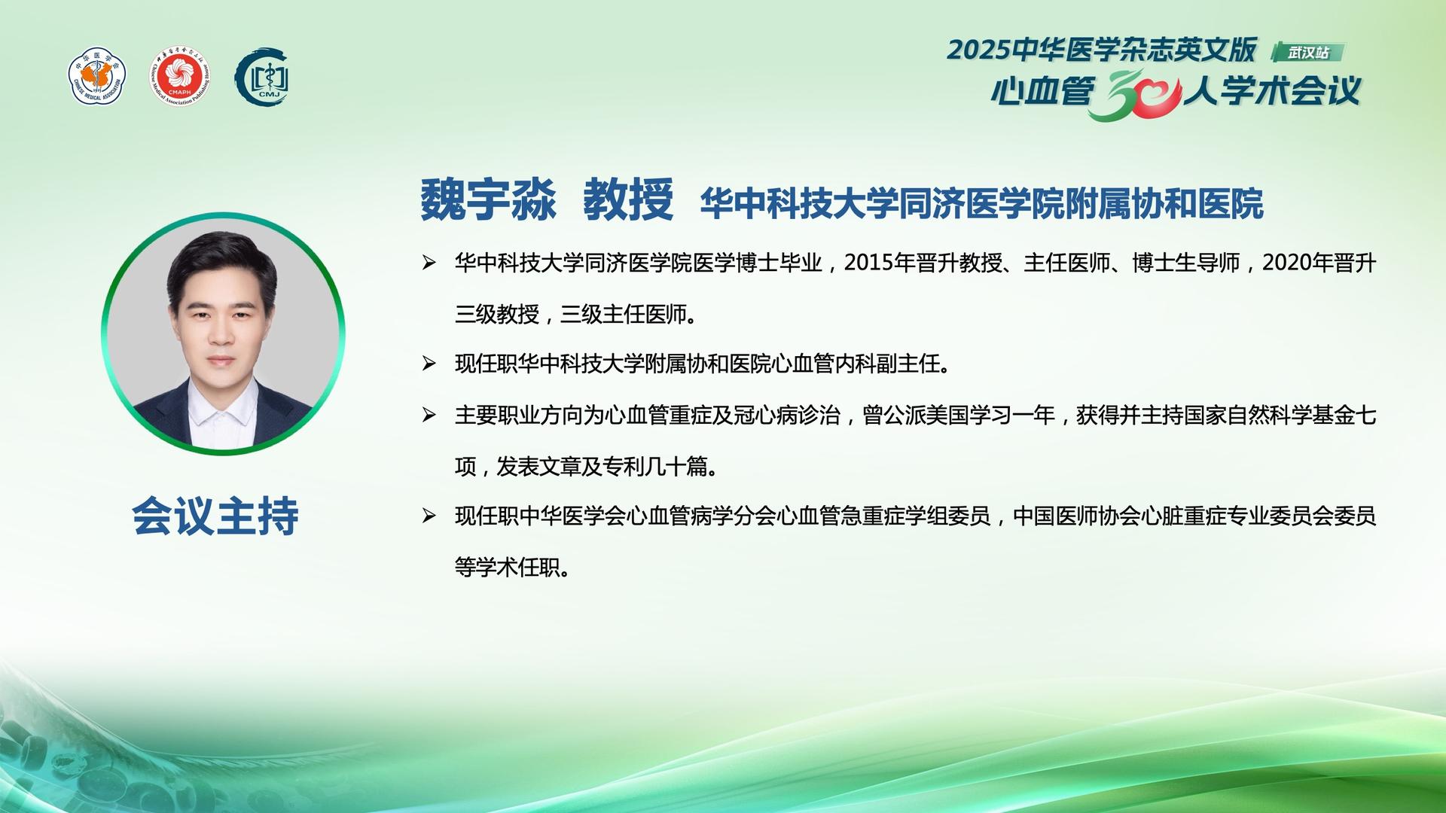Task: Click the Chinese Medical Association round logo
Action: (x=97, y=76)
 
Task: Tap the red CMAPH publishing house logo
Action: (x=180, y=76)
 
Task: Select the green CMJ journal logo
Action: (x=262, y=77)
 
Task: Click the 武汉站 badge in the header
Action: (x=1307, y=52)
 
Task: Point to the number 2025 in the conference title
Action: (x=978, y=50)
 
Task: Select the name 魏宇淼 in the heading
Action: (x=488, y=200)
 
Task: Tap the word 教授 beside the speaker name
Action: (x=628, y=200)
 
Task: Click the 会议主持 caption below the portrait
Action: (x=215, y=516)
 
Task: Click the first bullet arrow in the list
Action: (x=429, y=263)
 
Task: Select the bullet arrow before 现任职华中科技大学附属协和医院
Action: (x=429, y=364)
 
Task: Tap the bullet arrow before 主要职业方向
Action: (x=429, y=415)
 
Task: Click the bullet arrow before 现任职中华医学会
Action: (x=429, y=516)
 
